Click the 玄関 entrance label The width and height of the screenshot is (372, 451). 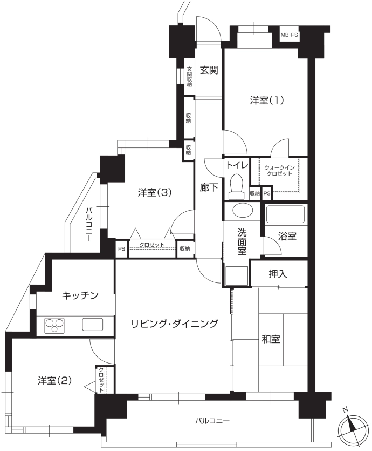(209, 70)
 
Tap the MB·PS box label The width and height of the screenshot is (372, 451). (289, 36)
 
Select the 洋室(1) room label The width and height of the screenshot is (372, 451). (267, 100)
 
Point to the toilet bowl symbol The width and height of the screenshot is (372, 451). (237, 186)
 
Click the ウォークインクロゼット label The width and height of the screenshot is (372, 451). (279, 171)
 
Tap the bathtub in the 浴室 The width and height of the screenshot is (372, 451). (285, 214)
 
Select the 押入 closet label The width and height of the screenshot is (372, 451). (278, 274)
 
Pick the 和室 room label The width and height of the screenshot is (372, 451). (271, 339)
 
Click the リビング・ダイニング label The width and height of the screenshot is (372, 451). (175, 324)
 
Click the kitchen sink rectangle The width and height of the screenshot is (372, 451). (92, 325)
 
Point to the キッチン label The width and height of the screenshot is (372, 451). (80, 295)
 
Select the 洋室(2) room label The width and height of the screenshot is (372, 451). (54, 381)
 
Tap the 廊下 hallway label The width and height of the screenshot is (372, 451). (209, 188)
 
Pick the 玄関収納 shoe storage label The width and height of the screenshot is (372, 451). (189, 77)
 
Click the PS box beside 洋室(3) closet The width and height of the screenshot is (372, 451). (122, 248)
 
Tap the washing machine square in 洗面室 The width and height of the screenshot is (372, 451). (237, 276)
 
